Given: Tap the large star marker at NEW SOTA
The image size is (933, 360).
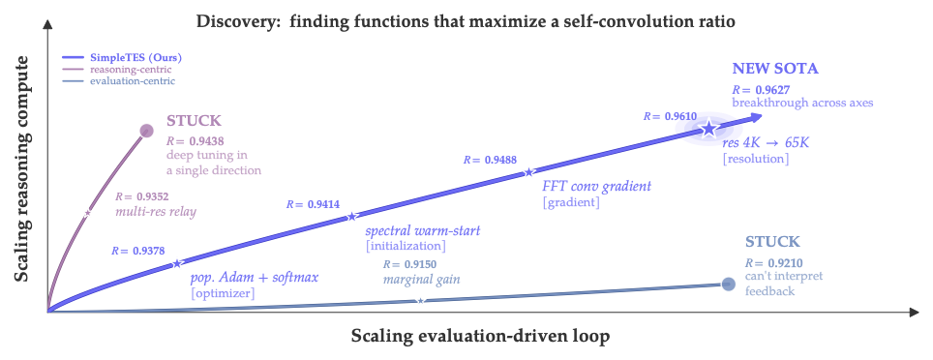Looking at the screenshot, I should click(708, 128).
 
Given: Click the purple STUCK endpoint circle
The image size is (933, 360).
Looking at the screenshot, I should click(147, 131).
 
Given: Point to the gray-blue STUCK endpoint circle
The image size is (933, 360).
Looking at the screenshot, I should click(727, 284).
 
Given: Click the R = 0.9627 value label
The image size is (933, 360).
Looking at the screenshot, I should click(761, 88).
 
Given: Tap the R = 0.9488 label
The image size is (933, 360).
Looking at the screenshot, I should click(491, 159).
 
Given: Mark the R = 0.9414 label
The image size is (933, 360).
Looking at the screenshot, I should click(314, 204).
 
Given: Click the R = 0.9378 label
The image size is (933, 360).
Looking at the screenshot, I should click(138, 249).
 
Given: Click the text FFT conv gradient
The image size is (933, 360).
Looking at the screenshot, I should click(596, 186).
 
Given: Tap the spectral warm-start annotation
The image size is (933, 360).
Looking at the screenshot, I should click(422, 231).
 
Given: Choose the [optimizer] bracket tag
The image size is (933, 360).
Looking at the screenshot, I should click(224, 292).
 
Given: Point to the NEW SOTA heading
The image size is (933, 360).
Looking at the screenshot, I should click(776, 69).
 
